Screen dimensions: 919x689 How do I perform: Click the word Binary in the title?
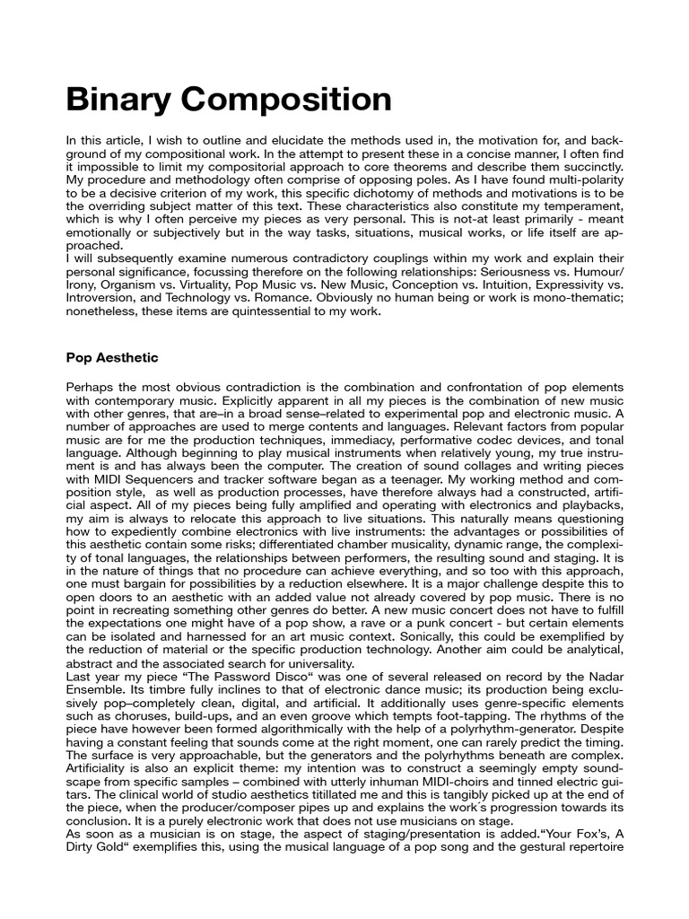(121, 99)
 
